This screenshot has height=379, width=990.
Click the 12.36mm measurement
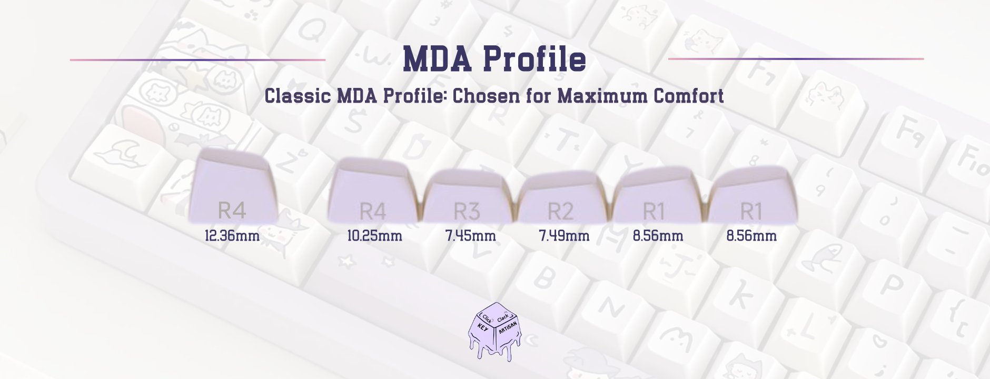coord(232,235)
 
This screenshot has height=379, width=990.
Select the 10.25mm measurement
coord(374,235)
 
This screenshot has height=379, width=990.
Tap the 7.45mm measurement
coord(470,235)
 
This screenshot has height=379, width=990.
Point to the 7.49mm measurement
coord(563,235)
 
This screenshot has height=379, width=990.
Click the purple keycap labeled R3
coord(468,197)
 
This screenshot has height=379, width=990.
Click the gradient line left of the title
coord(197,60)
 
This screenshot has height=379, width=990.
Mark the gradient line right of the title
coord(795,59)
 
